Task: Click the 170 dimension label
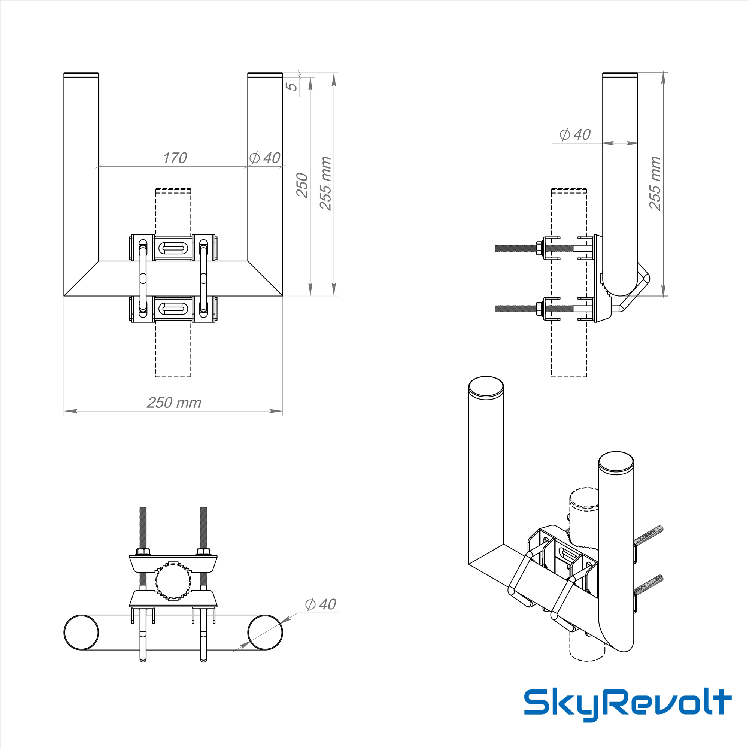pos(175,158)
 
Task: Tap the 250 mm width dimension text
pos(174,403)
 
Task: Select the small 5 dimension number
pos(292,87)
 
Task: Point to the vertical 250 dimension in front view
pos(302,185)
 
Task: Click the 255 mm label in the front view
pos(326,184)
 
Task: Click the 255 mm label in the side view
pos(655,184)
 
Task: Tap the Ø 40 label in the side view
pos(575,134)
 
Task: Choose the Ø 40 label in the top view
pos(321,604)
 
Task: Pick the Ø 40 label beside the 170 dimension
pos(265,158)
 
